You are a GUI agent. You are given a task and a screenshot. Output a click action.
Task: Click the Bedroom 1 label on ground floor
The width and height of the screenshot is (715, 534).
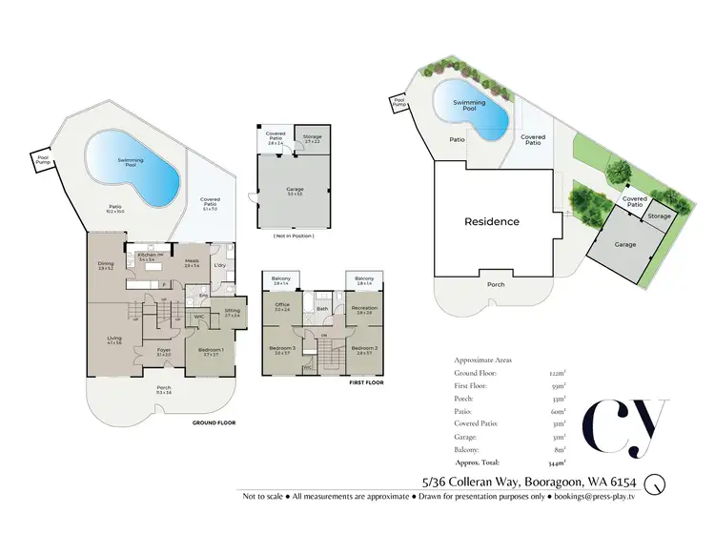(x=210, y=350)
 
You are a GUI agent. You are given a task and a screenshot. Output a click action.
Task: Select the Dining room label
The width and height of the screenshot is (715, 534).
(x=106, y=264)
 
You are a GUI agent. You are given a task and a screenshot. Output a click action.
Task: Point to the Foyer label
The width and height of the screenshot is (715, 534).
(x=164, y=350)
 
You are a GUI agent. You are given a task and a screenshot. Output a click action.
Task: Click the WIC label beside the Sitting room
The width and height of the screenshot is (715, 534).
(x=199, y=317)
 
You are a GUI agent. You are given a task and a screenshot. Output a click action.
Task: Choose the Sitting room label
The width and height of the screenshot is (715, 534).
(x=232, y=310)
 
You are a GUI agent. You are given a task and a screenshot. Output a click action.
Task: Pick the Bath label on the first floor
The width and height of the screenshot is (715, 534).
(x=323, y=309)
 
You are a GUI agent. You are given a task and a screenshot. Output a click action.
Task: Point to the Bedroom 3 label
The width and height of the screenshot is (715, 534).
(x=282, y=349)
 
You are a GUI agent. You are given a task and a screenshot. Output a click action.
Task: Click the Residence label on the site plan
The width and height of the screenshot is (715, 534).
(x=492, y=221)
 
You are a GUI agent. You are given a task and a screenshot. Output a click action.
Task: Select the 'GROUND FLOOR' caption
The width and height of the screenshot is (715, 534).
(x=214, y=421)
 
